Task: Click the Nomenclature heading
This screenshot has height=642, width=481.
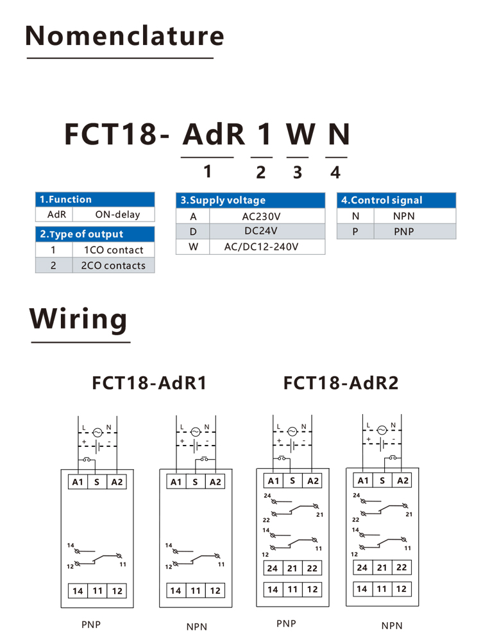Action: tap(125, 35)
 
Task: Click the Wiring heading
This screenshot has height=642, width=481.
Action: tap(78, 318)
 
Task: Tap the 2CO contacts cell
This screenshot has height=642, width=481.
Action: tap(114, 265)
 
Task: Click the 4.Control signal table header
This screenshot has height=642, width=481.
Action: tap(396, 200)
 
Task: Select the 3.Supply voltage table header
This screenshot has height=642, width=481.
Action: tap(250, 200)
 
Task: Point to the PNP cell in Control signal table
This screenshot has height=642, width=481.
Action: tap(403, 231)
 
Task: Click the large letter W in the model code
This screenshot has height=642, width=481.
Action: tap(301, 134)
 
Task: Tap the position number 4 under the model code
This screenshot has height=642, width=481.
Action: tap(335, 172)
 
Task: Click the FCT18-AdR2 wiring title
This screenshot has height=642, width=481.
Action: tap(341, 383)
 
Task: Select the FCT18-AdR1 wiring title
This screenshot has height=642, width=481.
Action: tap(149, 383)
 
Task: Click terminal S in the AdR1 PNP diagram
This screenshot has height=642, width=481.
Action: tap(97, 482)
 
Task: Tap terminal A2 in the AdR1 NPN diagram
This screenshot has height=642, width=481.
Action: tap(215, 482)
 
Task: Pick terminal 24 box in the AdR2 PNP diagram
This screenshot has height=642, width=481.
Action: tap(273, 568)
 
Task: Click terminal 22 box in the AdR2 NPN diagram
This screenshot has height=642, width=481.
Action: tap(401, 567)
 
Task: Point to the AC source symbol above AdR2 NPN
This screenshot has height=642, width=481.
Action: tap(382, 430)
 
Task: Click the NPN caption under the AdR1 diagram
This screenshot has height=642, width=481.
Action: tap(197, 627)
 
